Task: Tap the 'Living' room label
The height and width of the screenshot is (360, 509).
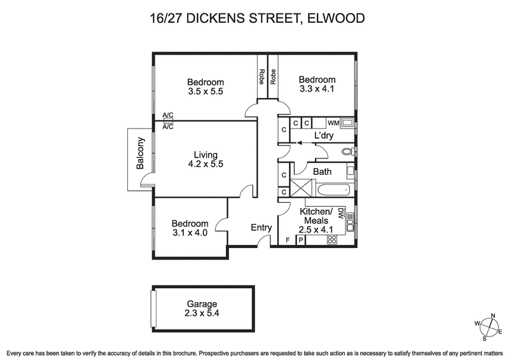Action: pos(206,155)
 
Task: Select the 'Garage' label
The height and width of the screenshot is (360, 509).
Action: pos(202,303)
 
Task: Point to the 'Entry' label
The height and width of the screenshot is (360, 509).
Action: pos(261,227)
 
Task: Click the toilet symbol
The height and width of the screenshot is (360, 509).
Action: pos(347,152)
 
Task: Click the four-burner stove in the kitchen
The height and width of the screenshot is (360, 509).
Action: pos(331,240)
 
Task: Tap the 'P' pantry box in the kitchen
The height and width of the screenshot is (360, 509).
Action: pos(300,240)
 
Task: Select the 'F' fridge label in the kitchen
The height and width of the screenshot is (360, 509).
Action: pos(288,240)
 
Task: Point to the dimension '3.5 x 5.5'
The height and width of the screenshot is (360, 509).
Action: pos(206,92)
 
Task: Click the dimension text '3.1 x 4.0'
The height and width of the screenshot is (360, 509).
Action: pos(190,233)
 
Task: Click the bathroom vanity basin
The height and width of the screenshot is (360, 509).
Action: pos(351,170)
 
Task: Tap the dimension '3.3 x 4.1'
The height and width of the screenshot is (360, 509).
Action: pos(317,89)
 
